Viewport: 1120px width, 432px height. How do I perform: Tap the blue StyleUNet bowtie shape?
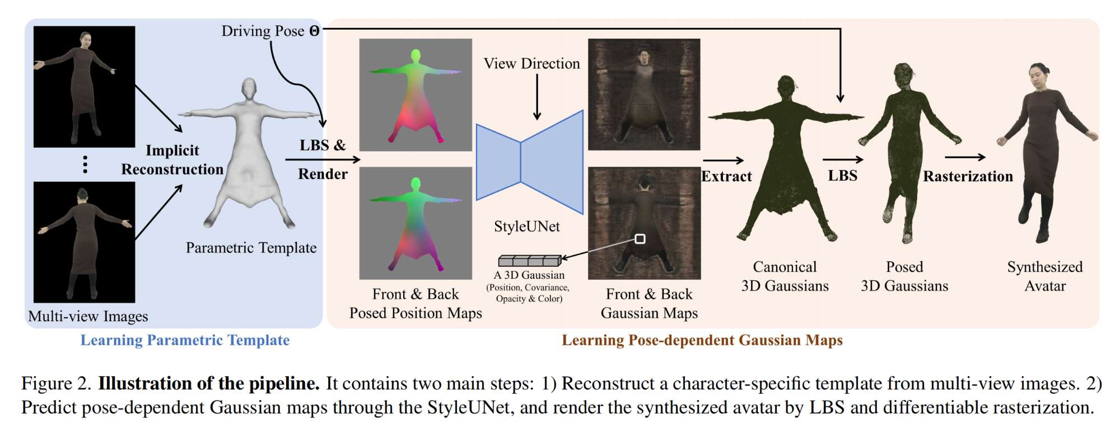(529, 162)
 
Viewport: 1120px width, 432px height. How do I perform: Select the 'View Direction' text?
(531, 64)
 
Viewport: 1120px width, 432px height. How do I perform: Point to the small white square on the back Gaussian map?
(640, 239)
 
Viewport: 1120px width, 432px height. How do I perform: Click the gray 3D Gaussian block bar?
(529, 261)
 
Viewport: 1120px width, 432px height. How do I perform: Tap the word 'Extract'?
(726, 176)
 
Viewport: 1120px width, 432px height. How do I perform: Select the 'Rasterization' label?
(968, 176)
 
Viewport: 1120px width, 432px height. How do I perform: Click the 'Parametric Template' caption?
(251, 248)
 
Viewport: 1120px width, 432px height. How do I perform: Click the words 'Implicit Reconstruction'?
(172, 160)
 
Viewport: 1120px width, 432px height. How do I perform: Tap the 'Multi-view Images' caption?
(88, 317)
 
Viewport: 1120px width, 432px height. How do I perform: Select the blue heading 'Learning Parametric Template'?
(185, 340)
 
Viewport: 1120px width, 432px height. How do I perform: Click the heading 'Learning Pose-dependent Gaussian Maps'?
(702, 340)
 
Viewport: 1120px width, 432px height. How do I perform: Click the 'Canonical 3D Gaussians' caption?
(785, 276)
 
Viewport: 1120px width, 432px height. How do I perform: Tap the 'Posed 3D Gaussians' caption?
(904, 276)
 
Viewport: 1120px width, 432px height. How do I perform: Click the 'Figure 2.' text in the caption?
(56, 384)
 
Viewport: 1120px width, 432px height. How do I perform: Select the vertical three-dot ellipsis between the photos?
(85, 165)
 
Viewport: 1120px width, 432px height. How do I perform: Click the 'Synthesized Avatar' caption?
(1044, 276)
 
